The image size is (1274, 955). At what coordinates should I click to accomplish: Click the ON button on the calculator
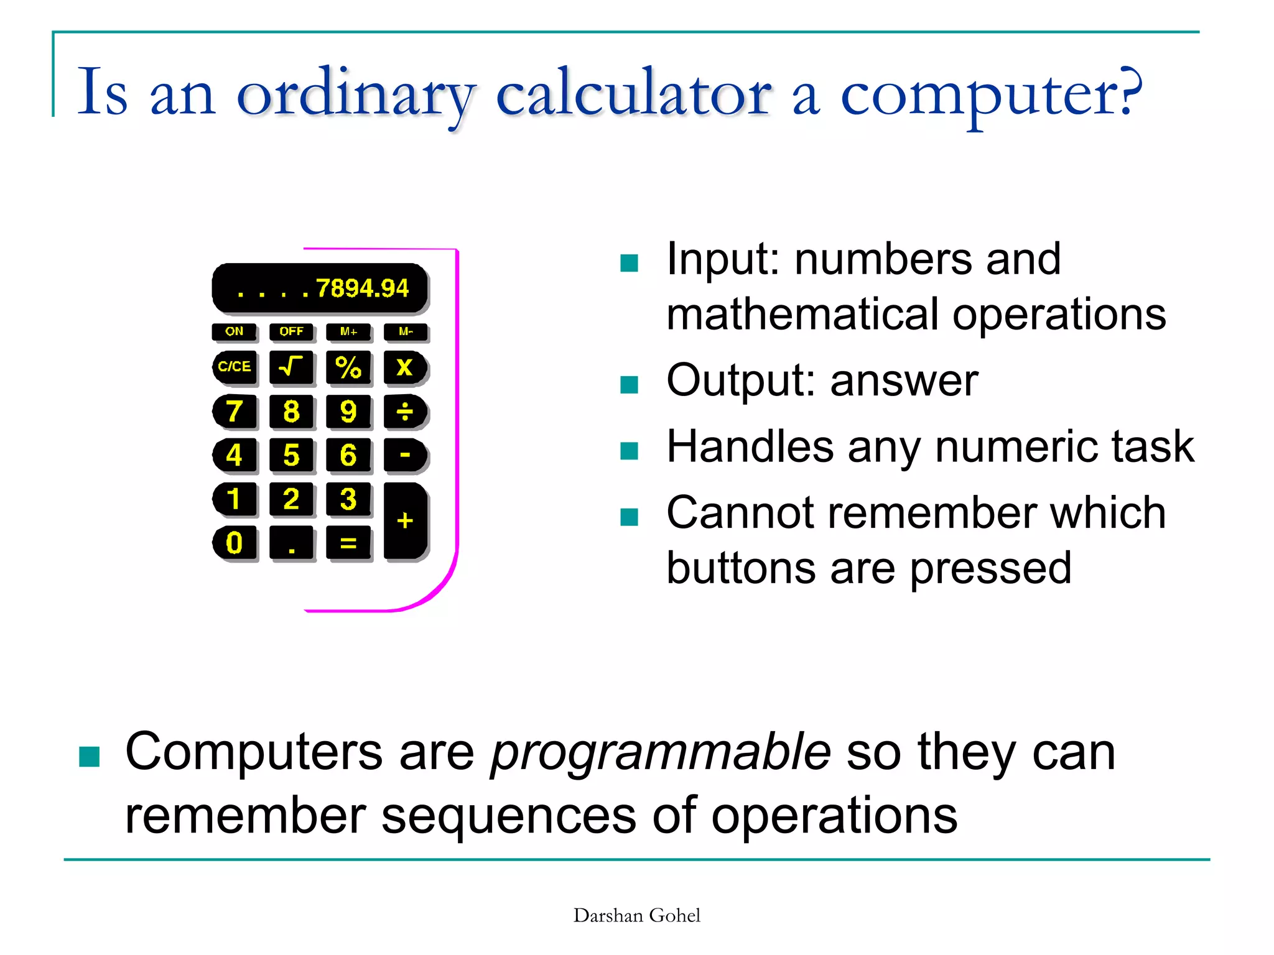pos(235,331)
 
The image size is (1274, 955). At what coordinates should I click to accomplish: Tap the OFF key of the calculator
pos(291,331)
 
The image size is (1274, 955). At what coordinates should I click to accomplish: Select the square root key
pos(291,367)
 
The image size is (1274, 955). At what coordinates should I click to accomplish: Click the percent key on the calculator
pos(348,367)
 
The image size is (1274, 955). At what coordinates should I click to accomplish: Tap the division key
pos(405,411)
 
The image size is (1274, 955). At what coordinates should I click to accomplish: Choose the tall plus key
pos(405,520)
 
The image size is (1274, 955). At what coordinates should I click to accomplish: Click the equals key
pos(348,543)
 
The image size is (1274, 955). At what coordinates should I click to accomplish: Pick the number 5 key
pos(291,454)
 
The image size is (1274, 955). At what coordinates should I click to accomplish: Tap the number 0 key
pos(235,543)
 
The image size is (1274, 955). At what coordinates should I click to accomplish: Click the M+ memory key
pos(348,331)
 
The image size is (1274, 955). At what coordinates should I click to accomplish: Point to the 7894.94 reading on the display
pos(362,288)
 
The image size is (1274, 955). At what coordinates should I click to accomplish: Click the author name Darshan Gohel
pos(636,915)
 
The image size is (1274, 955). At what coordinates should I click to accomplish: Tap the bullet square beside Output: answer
pos(630,385)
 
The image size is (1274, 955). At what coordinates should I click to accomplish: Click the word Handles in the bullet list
pos(750,446)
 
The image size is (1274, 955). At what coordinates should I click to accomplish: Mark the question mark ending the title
pos(1128,92)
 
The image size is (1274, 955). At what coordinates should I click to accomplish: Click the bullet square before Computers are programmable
pos(90,757)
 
